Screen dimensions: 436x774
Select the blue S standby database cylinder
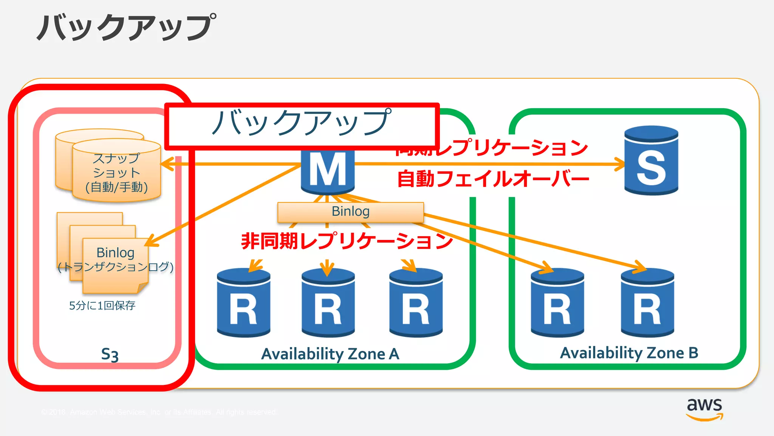point(651,160)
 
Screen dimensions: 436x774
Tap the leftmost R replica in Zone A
point(243,303)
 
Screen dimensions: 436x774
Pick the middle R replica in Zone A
point(328,303)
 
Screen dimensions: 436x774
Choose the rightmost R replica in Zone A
point(416,303)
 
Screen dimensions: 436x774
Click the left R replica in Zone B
point(557,303)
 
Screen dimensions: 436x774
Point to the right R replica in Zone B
point(647,303)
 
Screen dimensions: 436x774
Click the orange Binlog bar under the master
point(350,212)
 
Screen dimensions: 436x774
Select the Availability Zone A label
point(330,354)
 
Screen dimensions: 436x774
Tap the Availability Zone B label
point(629,353)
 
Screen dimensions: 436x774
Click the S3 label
point(110,355)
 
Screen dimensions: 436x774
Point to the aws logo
point(704,409)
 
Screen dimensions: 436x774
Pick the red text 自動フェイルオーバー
point(493,179)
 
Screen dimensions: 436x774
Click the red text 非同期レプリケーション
point(347,241)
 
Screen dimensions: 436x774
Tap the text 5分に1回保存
point(102,305)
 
